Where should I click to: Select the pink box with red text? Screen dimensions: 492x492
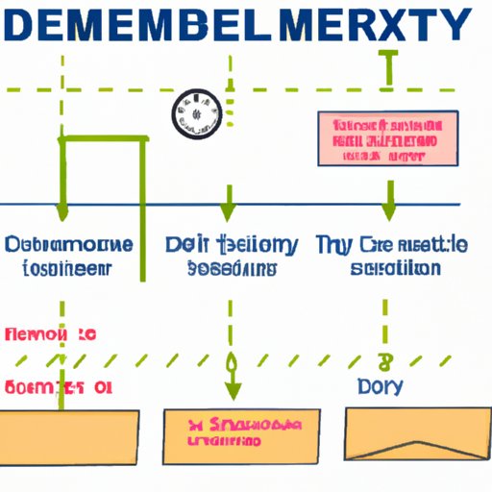pyautogui.click(x=387, y=138)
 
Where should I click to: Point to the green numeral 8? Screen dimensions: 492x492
pyautogui.click(x=386, y=362)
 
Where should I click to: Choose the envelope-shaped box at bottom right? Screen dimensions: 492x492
pyautogui.click(x=400, y=432)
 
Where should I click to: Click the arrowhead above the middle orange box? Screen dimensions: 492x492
pyautogui.click(x=231, y=393)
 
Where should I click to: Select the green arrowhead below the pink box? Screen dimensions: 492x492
pyautogui.click(x=388, y=210)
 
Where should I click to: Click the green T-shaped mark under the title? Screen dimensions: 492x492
pyautogui.click(x=387, y=67)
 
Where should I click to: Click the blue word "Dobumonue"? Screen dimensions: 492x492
pyautogui.click(x=67, y=244)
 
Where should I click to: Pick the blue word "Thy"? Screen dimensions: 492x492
pyautogui.click(x=334, y=244)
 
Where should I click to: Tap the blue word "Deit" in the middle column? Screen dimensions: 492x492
pyautogui.click(x=185, y=244)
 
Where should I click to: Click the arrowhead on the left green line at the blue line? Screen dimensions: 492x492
pyautogui.click(x=62, y=210)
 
